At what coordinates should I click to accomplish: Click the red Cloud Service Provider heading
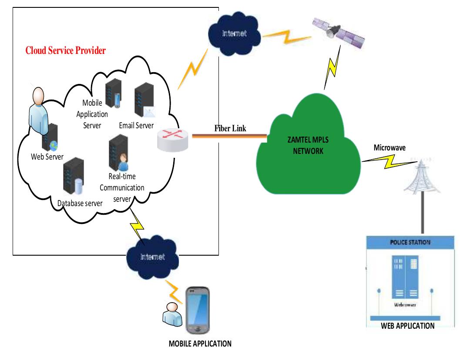coord(66,50)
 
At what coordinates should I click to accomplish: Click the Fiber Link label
coord(231,128)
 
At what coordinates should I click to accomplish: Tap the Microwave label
coord(389,148)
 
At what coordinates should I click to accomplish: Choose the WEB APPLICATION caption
coord(407,326)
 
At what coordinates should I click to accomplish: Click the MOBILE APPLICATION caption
coord(200,343)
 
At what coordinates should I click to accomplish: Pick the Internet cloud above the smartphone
coord(152,257)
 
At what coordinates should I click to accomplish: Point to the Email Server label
coord(136,125)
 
